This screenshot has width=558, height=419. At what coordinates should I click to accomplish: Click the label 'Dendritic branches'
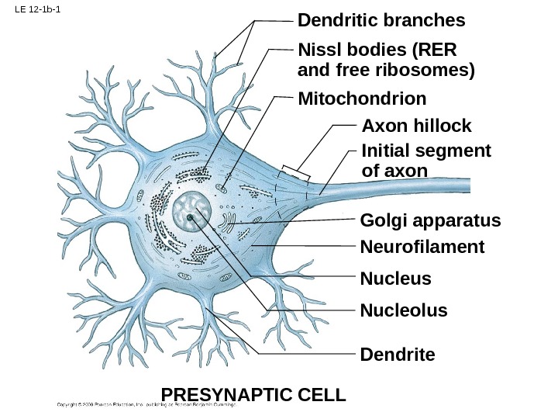[x=381, y=19]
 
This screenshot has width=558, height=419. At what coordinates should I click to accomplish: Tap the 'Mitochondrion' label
[x=362, y=99]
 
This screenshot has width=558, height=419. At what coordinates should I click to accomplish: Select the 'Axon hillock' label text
[x=416, y=126]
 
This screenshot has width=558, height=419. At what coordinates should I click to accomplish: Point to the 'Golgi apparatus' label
[x=431, y=221]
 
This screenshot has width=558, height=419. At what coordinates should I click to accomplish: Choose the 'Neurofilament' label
[x=422, y=247]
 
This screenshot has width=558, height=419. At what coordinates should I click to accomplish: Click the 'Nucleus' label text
[x=395, y=278]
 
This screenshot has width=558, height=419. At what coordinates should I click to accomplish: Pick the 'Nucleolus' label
[x=404, y=310]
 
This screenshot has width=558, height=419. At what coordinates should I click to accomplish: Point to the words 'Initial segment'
[x=426, y=150]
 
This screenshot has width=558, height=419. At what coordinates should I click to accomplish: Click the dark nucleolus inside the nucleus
[x=191, y=218]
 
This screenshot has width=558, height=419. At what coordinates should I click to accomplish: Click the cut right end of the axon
[x=468, y=185]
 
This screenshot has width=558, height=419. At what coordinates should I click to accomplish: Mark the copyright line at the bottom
[x=147, y=404]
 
